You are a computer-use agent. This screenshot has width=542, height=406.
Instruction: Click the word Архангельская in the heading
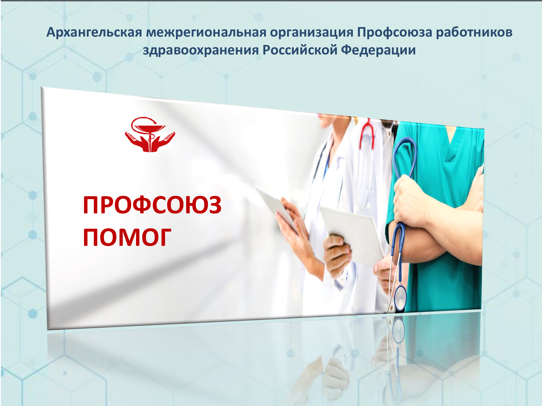94,32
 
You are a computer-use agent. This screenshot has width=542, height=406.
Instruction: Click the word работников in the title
474,32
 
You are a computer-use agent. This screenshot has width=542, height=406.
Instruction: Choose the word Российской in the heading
300,50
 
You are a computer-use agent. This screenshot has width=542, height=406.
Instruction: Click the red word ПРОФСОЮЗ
152,205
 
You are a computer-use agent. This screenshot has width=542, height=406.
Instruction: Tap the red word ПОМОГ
127,237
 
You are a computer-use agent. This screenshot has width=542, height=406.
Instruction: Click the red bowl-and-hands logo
150,135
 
